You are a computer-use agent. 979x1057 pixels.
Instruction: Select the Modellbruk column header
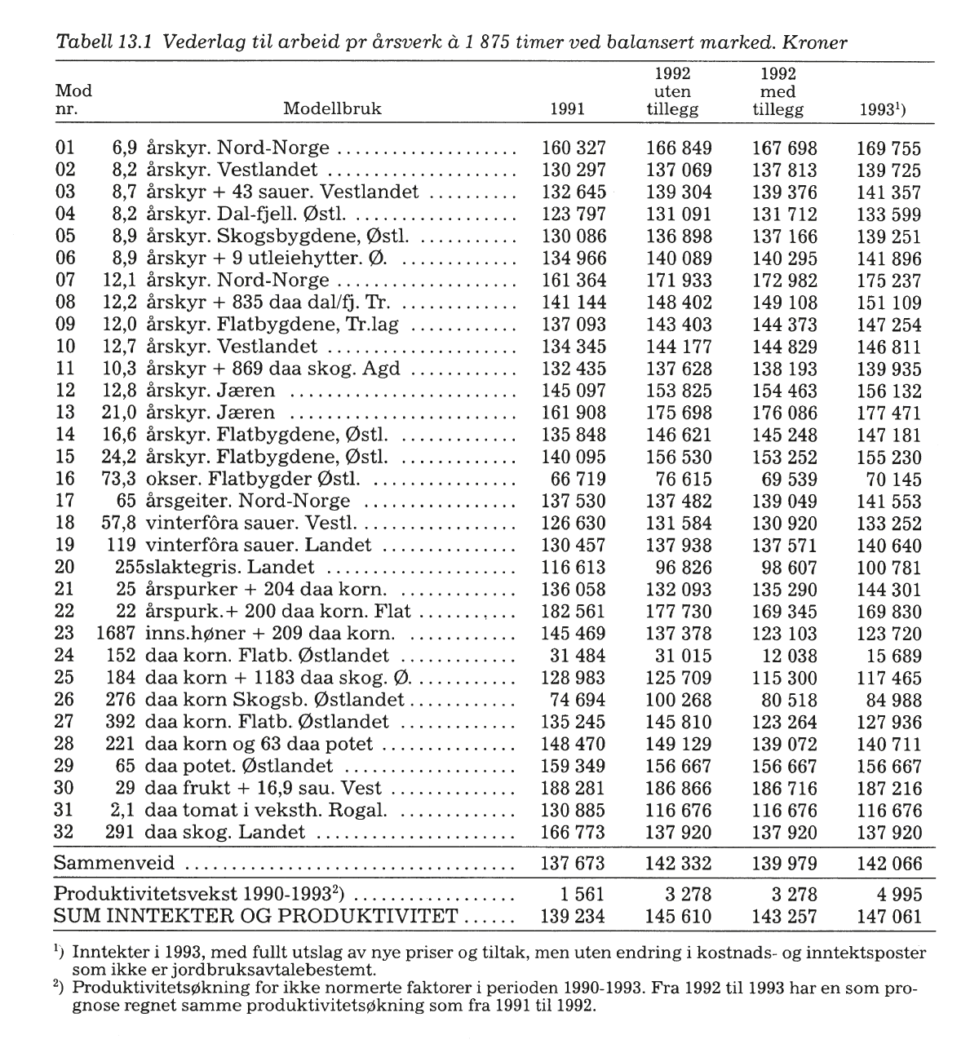pyautogui.click(x=332, y=109)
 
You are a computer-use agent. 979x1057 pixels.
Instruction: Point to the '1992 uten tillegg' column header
pyautogui.click(x=673, y=91)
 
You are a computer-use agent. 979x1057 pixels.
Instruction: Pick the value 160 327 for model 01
pyautogui.click(x=574, y=148)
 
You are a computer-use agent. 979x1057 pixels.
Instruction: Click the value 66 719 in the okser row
pyautogui.click(x=580, y=479)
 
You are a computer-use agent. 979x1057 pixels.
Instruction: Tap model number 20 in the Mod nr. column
pyautogui.click(x=64, y=567)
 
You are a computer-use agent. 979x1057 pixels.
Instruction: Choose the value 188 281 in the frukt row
pyautogui.click(x=574, y=788)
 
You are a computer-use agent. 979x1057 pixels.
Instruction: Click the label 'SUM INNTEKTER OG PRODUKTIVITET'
pyautogui.click(x=255, y=916)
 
